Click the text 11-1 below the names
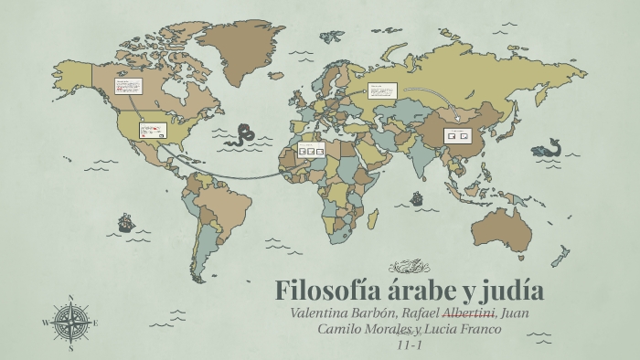[409, 344]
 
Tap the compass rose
[70, 323]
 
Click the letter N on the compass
[70, 298]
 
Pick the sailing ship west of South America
[125, 222]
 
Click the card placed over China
[455, 135]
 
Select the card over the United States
[151, 131]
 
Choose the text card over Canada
[127, 86]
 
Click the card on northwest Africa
[312, 150]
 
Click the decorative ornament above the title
[409, 267]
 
